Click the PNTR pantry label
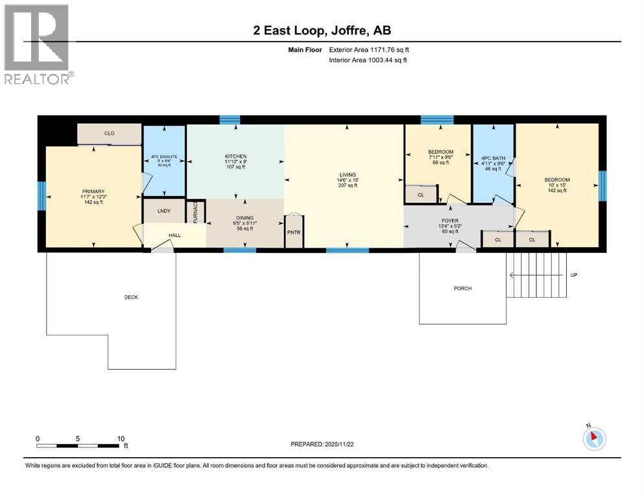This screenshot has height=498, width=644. (294, 233)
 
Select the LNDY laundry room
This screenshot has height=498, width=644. (163, 210)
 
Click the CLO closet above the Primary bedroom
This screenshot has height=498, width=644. (109, 134)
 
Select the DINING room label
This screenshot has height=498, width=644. (244, 219)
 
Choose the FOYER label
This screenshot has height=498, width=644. (450, 221)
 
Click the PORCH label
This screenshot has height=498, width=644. (463, 289)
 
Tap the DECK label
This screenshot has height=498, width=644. (131, 297)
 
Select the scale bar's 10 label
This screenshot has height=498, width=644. (121, 438)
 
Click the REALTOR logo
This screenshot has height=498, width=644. (38, 44)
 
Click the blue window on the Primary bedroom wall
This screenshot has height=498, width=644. (42, 193)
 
